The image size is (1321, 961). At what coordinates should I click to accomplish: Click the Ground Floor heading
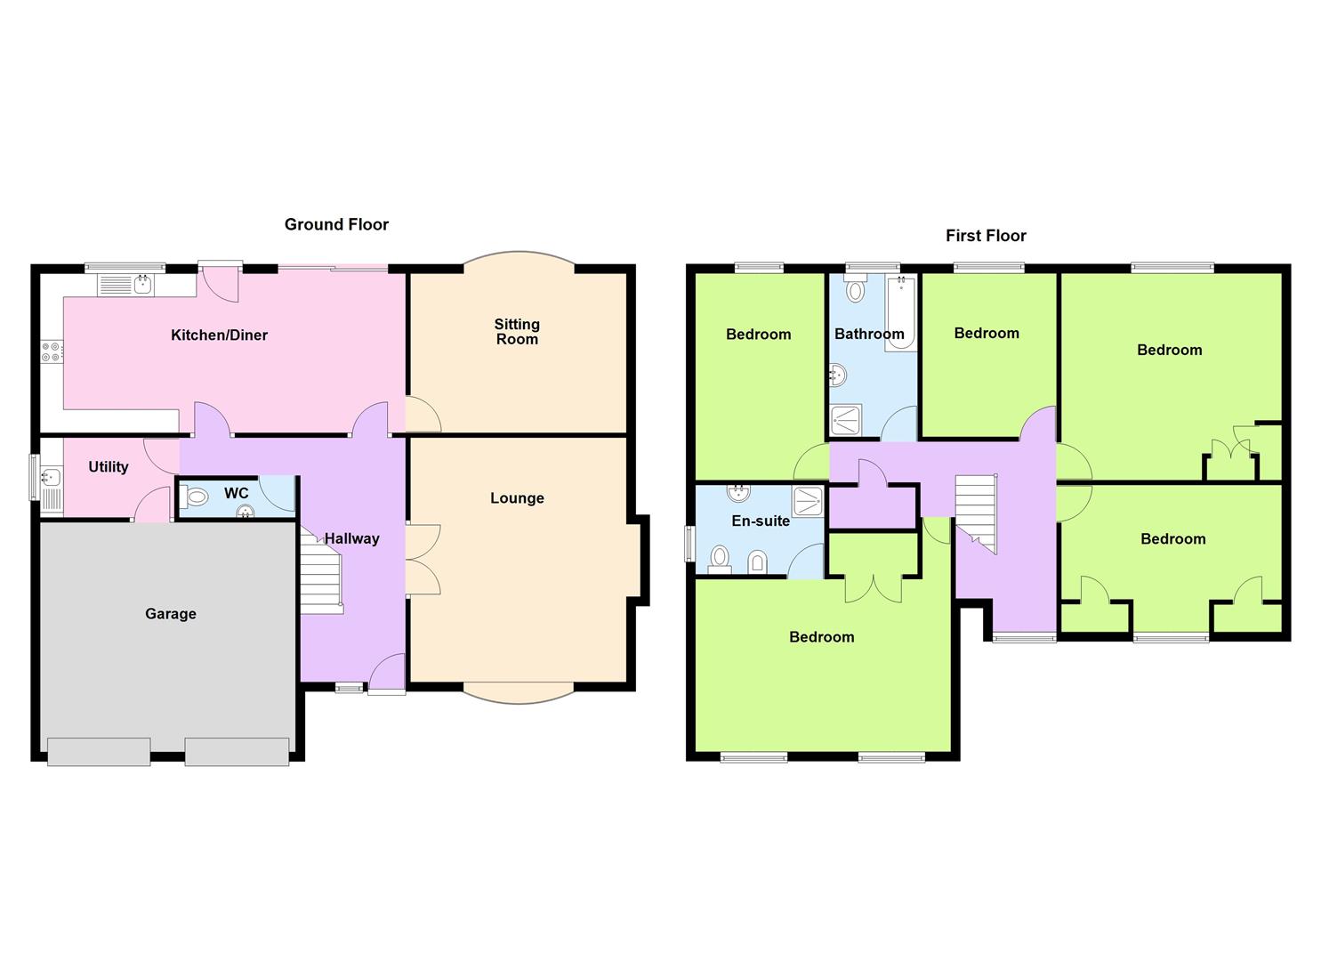(x=336, y=225)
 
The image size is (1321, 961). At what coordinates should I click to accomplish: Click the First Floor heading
(x=986, y=236)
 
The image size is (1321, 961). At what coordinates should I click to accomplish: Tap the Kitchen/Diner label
(x=219, y=335)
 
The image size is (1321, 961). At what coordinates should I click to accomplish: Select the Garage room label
(x=171, y=614)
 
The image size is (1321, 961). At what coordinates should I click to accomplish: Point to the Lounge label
(x=517, y=498)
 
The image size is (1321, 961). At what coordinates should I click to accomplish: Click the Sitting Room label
(x=517, y=332)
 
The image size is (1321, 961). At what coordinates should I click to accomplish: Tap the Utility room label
(x=108, y=466)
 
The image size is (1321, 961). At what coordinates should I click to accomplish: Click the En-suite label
(x=761, y=521)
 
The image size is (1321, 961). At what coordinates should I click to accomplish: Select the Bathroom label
(x=869, y=334)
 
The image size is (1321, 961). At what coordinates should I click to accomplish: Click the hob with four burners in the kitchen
(x=51, y=352)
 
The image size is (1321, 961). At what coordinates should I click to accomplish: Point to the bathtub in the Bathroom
(x=900, y=313)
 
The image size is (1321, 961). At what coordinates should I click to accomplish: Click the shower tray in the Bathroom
(x=846, y=420)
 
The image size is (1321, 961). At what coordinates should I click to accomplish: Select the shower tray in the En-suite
(x=808, y=501)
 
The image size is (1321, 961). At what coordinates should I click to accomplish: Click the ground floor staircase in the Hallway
(x=321, y=571)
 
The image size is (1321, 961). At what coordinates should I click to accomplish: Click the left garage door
(x=99, y=752)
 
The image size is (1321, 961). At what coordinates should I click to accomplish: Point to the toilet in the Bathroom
(x=855, y=288)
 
